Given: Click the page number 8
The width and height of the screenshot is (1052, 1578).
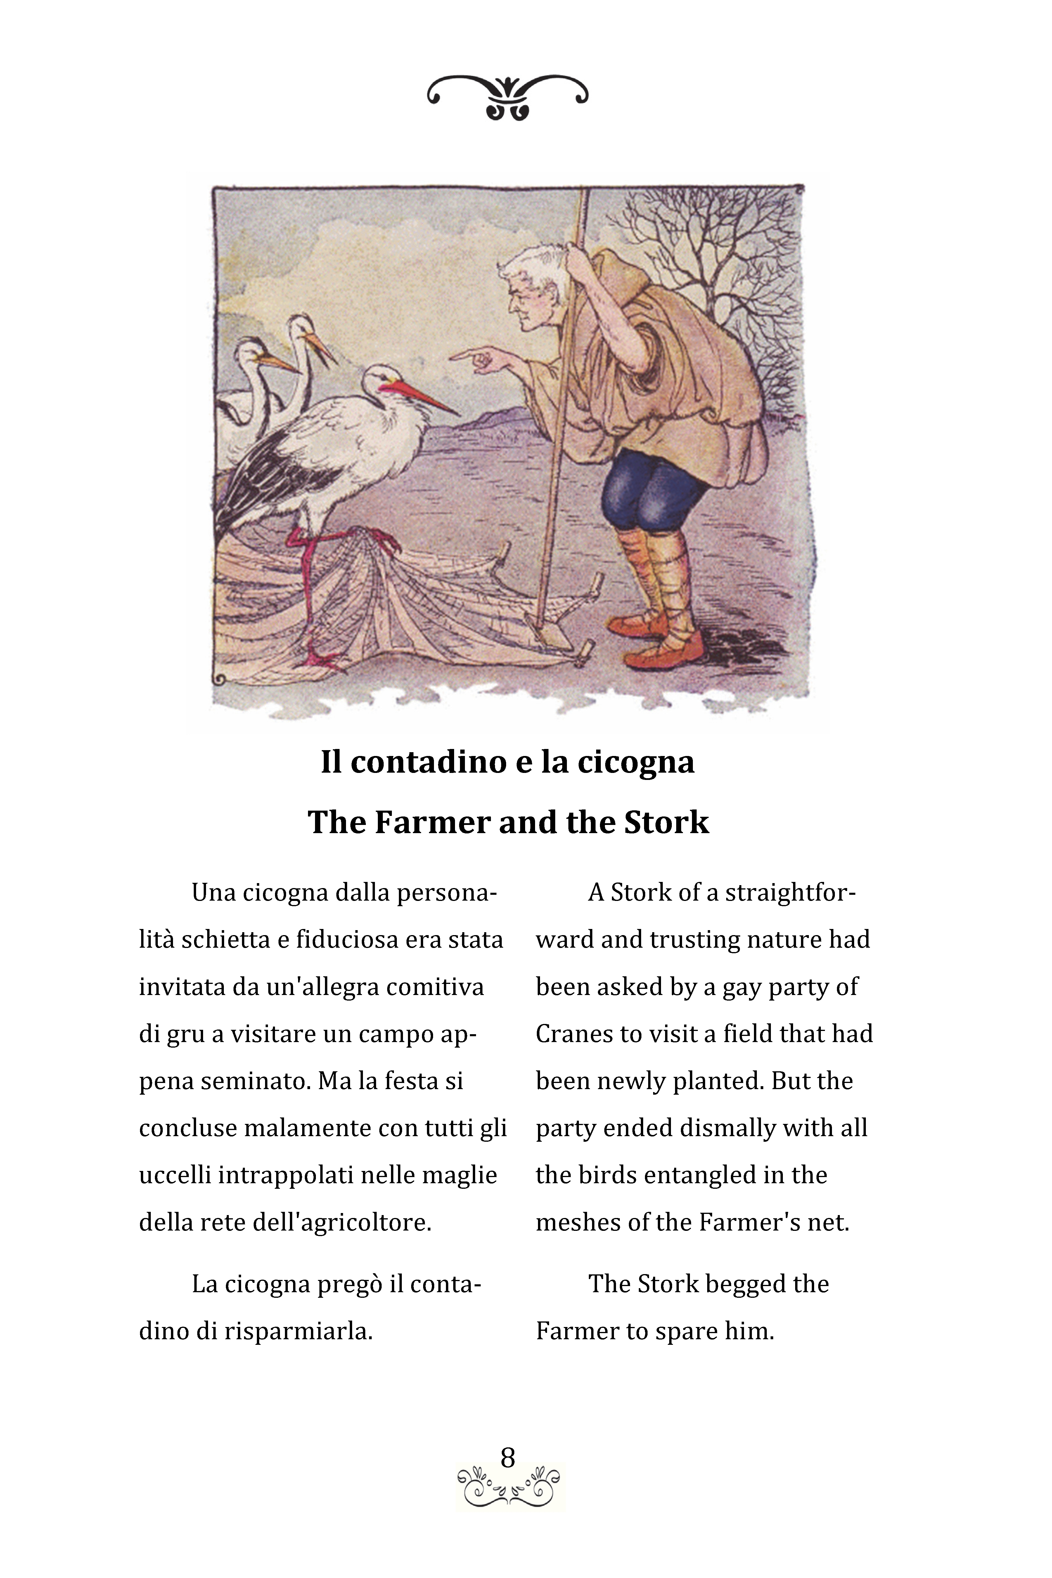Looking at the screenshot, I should point(508,1457).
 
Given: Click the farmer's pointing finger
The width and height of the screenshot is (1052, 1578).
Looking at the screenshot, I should point(463,356).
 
